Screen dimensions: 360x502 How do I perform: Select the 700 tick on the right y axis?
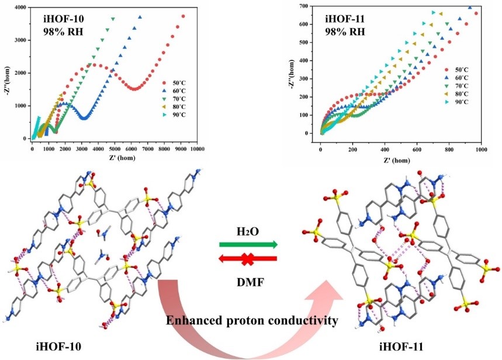pos(309,6)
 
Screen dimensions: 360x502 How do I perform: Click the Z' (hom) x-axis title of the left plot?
pos(113,160)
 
